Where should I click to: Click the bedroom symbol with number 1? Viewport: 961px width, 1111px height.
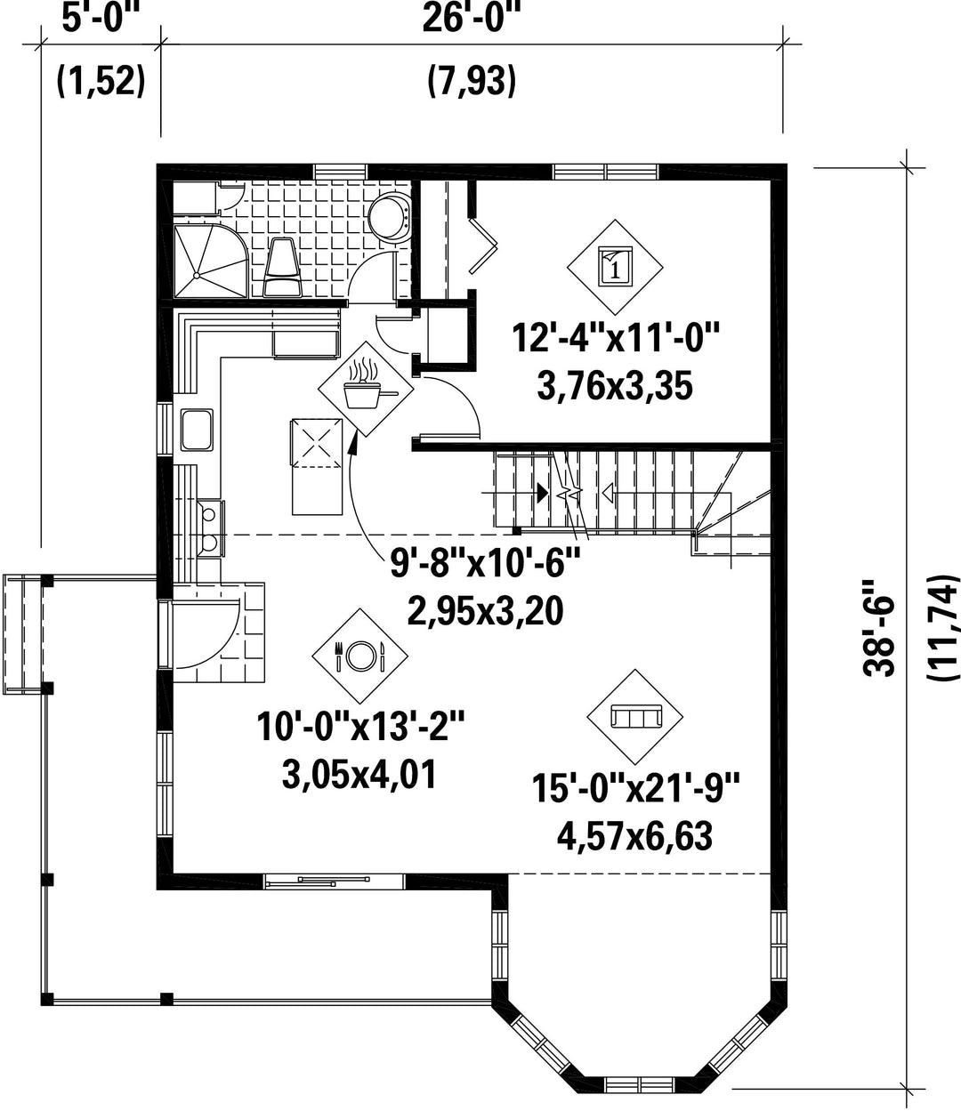(x=615, y=267)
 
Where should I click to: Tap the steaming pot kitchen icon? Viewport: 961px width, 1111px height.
(x=366, y=389)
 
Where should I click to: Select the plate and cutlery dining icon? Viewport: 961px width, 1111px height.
(x=359, y=656)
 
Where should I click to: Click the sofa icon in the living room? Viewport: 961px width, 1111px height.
(x=635, y=717)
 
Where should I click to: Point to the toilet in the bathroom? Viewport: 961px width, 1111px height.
(x=281, y=267)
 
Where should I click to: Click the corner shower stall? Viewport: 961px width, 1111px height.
(x=211, y=260)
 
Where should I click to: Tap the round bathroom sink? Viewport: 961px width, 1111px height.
(x=391, y=217)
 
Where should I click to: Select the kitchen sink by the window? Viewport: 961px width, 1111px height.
(x=197, y=430)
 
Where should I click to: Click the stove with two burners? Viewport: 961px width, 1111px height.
(x=210, y=527)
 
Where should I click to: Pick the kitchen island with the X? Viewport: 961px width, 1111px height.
(x=317, y=466)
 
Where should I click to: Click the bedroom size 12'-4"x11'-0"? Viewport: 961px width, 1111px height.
(x=615, y=338)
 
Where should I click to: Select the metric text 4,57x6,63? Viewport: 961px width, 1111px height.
(x=634, y=836)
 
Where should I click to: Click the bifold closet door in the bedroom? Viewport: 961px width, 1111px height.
(x=483, y=246)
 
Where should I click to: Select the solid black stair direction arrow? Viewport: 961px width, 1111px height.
(x=543, y=492)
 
